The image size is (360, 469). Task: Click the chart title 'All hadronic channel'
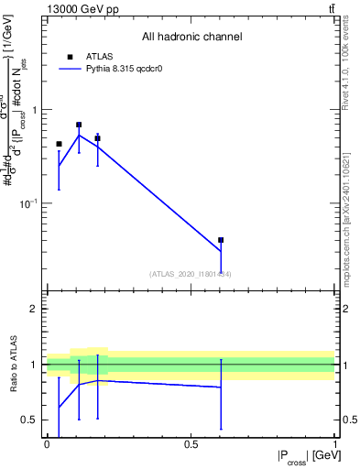pos(191,37)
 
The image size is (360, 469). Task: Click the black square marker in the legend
pos(70,56)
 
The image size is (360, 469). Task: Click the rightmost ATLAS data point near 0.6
pos(221,240)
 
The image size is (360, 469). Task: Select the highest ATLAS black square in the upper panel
pos(79,125)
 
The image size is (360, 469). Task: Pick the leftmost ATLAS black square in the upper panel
pos(59,144)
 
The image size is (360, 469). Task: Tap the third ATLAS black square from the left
pos(97,138)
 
